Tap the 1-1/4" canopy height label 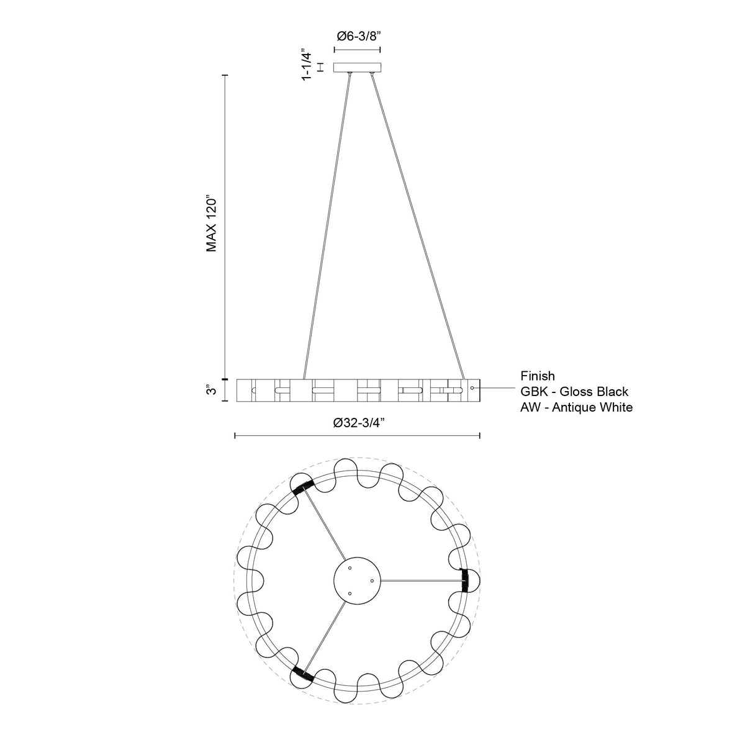(307, 65)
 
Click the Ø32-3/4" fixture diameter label (360, 423)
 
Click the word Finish (538, 376)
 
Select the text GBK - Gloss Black (574, 392)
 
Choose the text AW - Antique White (576, 407)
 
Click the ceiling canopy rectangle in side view (358, 68)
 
